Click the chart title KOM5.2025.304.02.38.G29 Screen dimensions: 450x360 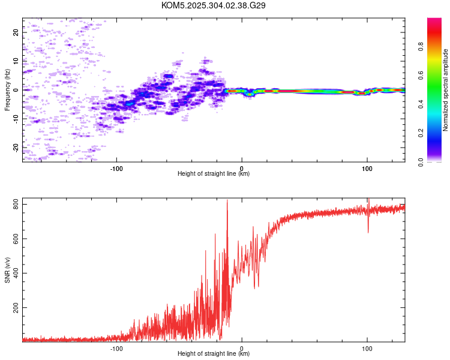pyautogui.click(x=213, y=5)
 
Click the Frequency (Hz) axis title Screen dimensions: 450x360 pyautogui.click(x=7, y=90)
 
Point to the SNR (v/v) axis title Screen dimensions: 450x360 pyautogui.click(x=7, y=270)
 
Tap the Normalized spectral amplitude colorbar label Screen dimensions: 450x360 pyautogui.click(x=445, y=90)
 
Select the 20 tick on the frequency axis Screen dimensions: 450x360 pyautogui.click(x=16, y=32)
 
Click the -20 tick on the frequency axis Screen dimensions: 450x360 pyautogui.click(x=16, y=148)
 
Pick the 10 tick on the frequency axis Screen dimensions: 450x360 pyautogui.click(x=16, y=61)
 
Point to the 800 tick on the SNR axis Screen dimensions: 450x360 pyautogui.click(x=16, y=204)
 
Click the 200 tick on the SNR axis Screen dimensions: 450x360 pyautogui.click(x=16, y=307)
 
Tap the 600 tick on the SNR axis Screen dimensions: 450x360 pyautogui.click(x=16, y=239)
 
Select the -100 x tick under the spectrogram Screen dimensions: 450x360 pyautogui.click(x=116, y=169)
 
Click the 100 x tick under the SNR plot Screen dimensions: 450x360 pyautogui.click(x=367, y=349)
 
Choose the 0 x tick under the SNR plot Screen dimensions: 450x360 pyautogui.click(x=242, y=349)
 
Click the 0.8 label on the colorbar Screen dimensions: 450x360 pyautogui.click(x=421, y=47)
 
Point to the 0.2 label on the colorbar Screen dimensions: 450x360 pyautogui.click(x=421, y=133)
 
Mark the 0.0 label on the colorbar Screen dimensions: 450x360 pyautogui.click(x=421, y=162)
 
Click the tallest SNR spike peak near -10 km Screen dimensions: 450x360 pyautogui.click(x=227, y=200)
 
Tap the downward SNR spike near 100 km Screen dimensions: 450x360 pyautogui.click(x=368, y=232)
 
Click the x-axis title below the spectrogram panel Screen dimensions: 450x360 pyautogui.click(x=214, y=173)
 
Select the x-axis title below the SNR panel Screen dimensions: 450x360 pyautogui.click(x=214, y=353)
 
